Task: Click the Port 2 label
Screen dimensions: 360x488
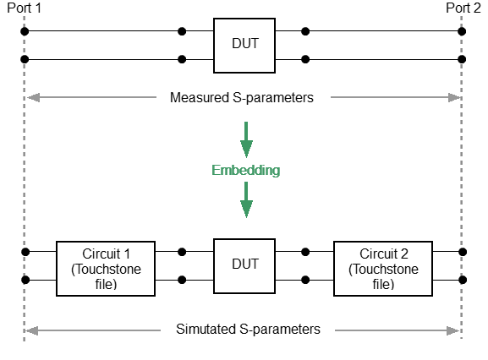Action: pos(463,8)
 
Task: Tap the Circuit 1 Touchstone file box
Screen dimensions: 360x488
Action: pos(106,269)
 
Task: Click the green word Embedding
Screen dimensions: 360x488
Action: pos(245,170)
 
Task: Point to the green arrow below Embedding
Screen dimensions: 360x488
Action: pos(246,200)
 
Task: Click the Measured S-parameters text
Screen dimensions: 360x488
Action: pos(242,97)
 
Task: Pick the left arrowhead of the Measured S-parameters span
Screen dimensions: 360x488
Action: pos(33,97)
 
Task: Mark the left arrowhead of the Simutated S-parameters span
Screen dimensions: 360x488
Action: pos(33,330)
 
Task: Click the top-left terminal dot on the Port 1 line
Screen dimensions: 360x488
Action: pos(25,32)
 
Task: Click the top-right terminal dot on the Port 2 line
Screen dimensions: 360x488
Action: pos(462,32)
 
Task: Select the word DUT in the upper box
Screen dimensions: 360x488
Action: pos(244,42)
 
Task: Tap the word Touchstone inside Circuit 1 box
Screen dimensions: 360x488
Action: pos(106,269)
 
